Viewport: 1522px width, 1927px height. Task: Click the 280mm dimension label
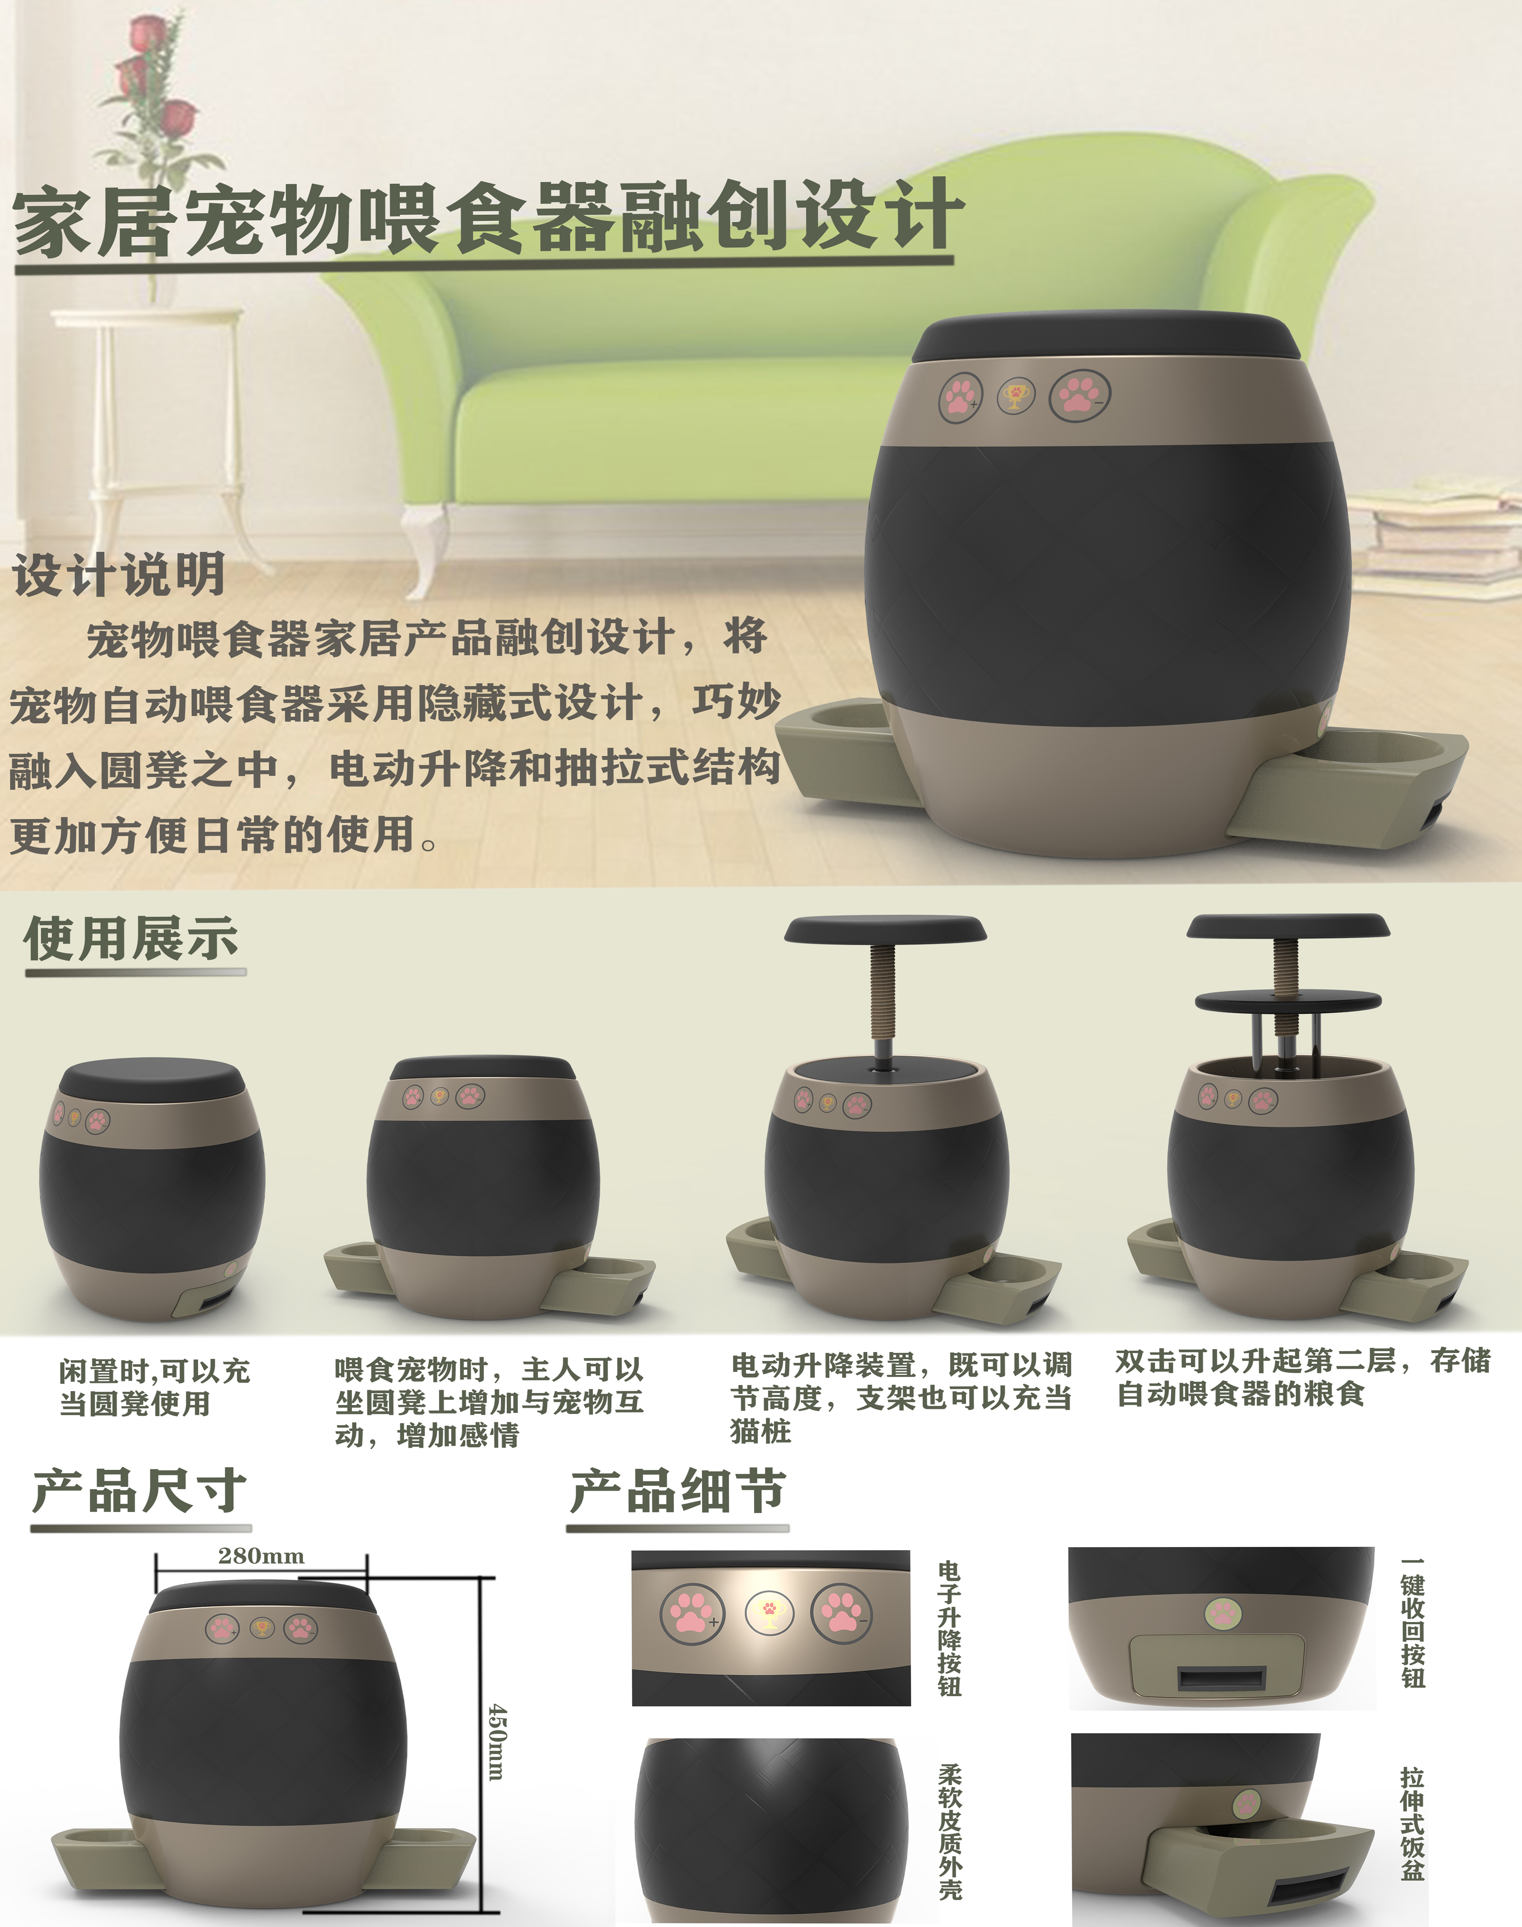coord(261,1556)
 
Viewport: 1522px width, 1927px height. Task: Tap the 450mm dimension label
coord(497,1742)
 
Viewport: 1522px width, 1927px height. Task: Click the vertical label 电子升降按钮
coord(950,1628)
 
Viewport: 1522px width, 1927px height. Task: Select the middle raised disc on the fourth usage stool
coord(1288,1002)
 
